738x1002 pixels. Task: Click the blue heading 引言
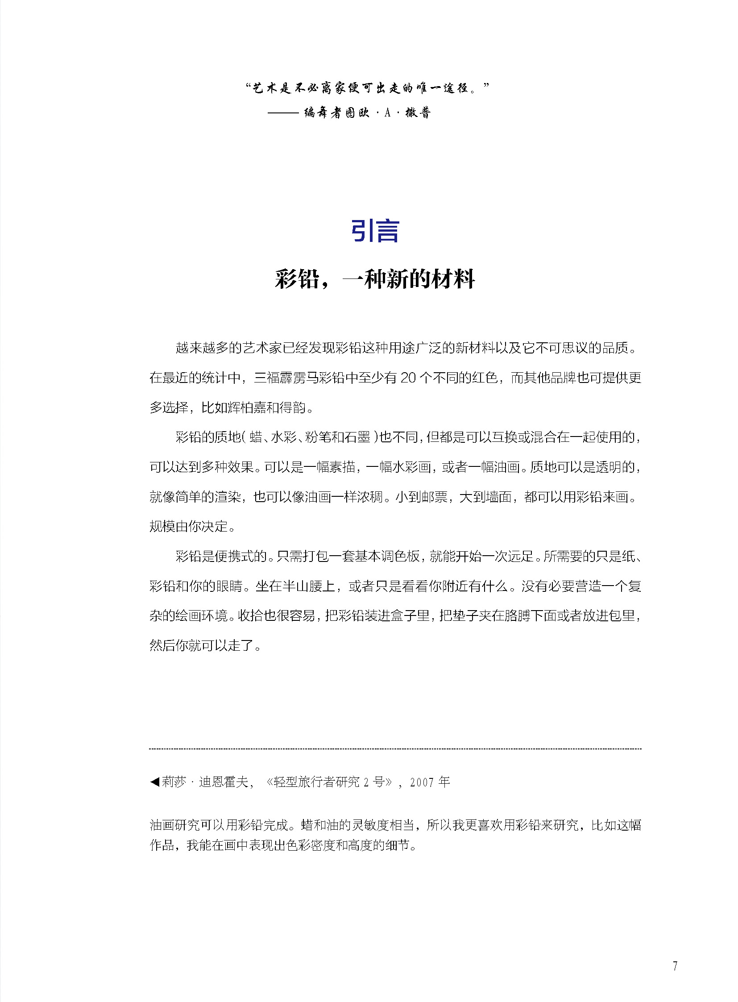click(374, 231)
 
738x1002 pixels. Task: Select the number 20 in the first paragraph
click(408, 378)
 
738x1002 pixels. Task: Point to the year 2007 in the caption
click(422, 782)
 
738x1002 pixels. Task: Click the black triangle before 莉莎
click(154, 782)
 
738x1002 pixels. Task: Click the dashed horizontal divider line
click(395, 748)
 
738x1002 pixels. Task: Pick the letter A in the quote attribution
click(387, 113)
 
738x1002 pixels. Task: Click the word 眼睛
click(229, 586)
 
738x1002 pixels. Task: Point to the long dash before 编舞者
click(283, 113)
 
